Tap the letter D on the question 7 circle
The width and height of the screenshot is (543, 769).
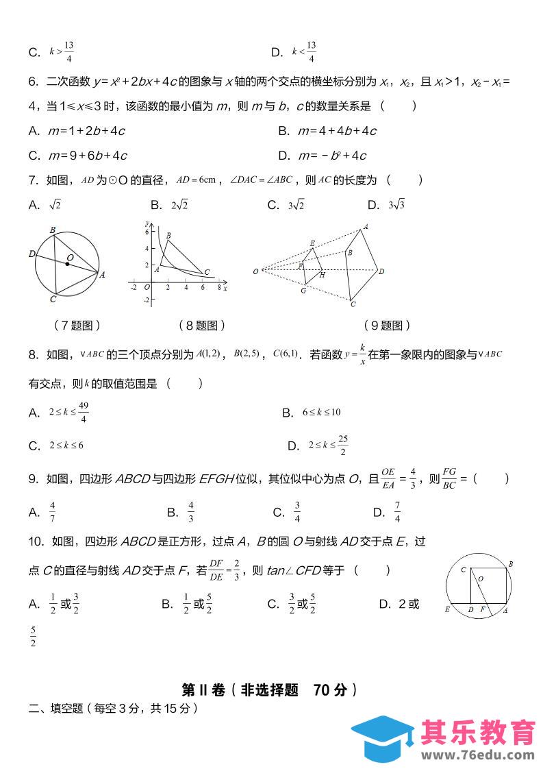(32, 254)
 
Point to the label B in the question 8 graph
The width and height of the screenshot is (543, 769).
(168, 236)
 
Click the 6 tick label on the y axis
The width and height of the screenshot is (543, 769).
(146, 233)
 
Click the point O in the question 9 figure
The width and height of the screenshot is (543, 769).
(255, 271)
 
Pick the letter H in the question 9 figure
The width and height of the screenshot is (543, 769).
(322, 275)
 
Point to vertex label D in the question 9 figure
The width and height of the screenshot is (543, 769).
(381, 271)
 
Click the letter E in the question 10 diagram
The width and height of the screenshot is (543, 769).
(447, 609)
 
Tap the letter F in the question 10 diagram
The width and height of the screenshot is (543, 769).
(482, 609)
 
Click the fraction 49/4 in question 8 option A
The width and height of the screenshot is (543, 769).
(83, 413)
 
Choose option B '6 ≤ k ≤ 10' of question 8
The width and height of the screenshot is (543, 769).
(321, 413)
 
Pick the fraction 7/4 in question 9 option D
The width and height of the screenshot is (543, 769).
(397, 512)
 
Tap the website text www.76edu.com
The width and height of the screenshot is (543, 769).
(477, 755)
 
